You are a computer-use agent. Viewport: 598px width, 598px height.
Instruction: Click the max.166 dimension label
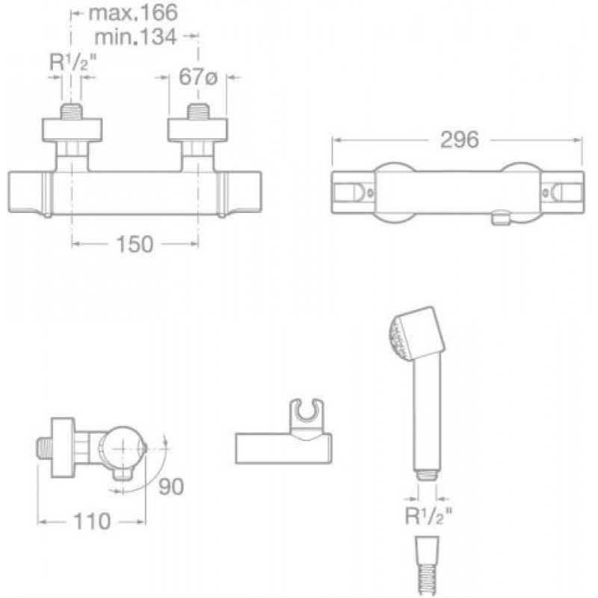(133, 13)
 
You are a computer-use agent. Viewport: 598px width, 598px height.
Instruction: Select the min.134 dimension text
(135, 37)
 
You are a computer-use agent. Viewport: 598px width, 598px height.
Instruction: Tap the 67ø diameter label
(198, 77)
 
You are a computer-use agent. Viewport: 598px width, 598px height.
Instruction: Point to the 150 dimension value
(135, 244)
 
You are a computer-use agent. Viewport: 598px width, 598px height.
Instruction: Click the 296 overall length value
(460, 140)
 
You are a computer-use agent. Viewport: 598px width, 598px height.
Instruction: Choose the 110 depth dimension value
(92, 521)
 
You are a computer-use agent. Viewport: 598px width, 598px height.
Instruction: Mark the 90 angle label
(171, 487)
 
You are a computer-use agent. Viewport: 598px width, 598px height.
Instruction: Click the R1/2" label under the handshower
(428, 516)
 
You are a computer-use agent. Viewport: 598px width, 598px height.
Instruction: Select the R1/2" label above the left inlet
(73, 61)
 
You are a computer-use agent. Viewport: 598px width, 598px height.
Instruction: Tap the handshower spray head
(417, 333)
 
